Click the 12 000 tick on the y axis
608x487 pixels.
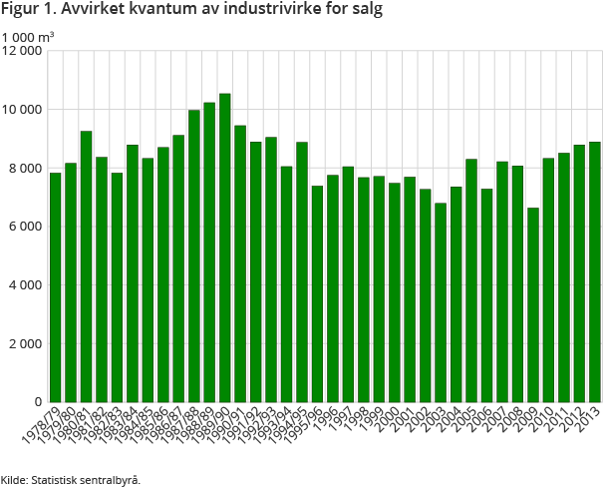tap(22, 50)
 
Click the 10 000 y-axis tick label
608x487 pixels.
tap(22, 109)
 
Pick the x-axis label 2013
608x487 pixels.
tap(588, 418)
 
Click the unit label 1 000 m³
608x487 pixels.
tap(27, 37)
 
